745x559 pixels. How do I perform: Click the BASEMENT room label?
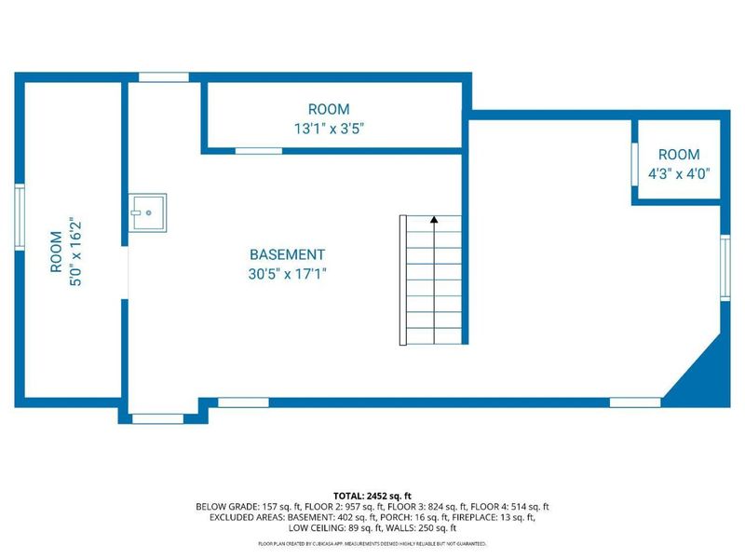click(x=287, y=254)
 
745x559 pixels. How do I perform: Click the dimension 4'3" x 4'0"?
click(x=679, y=172)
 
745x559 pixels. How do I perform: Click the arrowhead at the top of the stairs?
click(x=434, y=220)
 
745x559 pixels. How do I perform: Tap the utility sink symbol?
click(x=147, y=211)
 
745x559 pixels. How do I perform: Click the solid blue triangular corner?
click(x=701, y=383)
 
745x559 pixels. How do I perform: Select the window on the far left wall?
click(x=18, y=217)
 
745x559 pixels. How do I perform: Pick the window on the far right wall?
click(x=725, y=266)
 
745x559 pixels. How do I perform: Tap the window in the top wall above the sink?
click(x=163, y=76)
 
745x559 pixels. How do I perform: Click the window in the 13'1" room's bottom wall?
click(x=258, y=150)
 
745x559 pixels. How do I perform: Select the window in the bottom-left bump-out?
click(x=157, y=418)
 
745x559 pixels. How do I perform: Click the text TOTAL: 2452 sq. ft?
click(x=372, y=495)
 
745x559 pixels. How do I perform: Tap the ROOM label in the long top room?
click(x=329, y=109)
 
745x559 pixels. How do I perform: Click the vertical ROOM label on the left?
click(x=57, y=252)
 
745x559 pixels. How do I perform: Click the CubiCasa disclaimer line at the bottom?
click(x=372, y=542)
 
